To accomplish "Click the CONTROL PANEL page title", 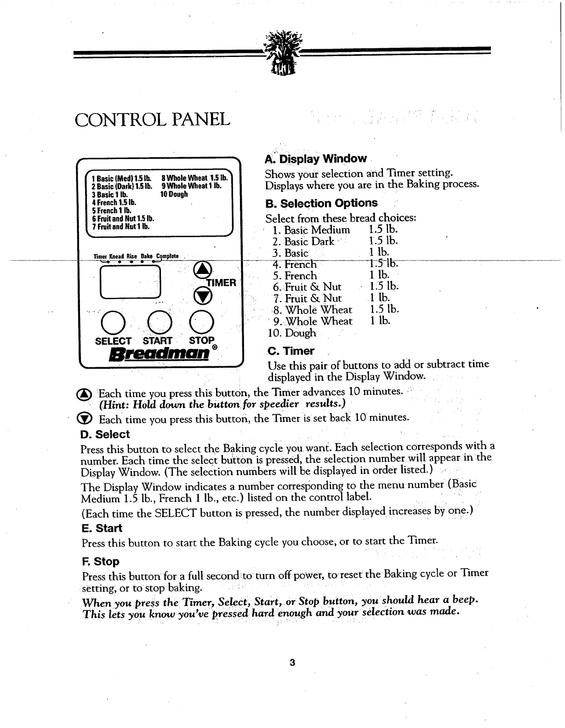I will (x=152, y=119).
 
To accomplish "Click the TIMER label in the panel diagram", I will (x=222, y=283).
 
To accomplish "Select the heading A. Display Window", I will (x=316, y=159).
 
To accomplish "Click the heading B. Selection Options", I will (x=321, y=203).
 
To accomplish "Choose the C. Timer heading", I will (x=291, y=351).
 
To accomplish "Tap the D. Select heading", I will (x=105, y=434).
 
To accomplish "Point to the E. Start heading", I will (x=102, y=528).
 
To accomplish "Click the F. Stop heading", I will (x=100, y=561).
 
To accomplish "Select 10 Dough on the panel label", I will (x=174, y=194).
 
